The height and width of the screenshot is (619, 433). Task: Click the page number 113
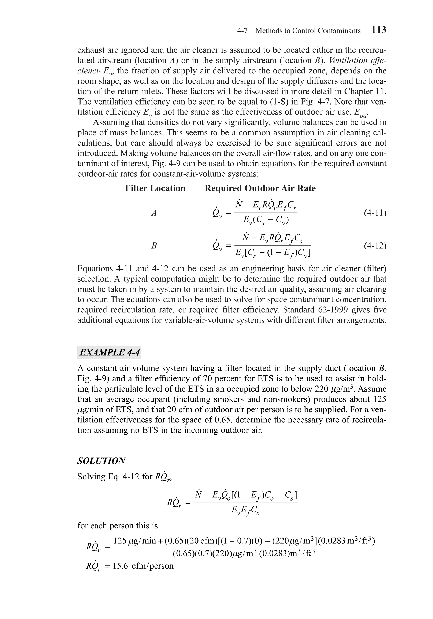(379, 30)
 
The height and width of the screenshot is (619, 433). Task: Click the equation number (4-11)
(375, 213)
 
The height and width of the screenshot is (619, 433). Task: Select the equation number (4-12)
(375, 246)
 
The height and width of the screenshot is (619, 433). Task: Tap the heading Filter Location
(155, 188)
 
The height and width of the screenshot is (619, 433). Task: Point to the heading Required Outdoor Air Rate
(260, 188)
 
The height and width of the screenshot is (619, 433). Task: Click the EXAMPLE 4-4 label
(109, 352)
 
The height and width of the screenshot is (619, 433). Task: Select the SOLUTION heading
(101, 461)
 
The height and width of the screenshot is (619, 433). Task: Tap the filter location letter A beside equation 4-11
(154, 213)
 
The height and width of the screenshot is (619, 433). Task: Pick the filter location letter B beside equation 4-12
(154, 246)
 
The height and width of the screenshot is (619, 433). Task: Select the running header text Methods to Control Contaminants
(308, 31)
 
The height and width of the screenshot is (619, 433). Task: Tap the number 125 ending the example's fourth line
(380, 399)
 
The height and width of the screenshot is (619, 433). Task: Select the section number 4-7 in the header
(242, 31)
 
